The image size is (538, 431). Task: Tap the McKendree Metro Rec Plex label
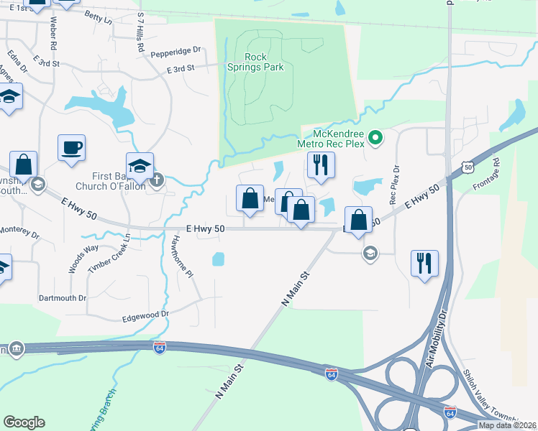point(339,140)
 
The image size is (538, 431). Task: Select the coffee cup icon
point(71,148)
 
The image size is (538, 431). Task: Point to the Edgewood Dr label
point(145,314)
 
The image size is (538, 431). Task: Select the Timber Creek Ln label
point(110,254)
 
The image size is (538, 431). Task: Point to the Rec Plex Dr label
point(394,185)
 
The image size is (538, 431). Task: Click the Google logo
point(24,422)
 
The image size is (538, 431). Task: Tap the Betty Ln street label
point(99,17)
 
